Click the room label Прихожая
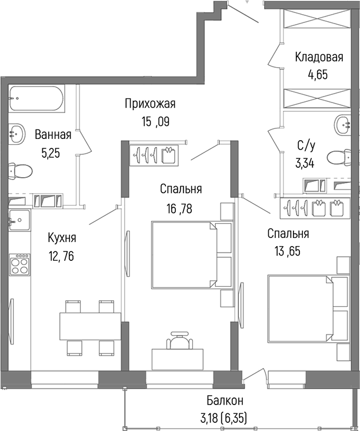click(x=150, y=104)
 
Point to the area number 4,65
click(x=318, y=75)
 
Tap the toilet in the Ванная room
click(x=20, y=171)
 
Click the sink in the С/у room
click(x=343, y=125)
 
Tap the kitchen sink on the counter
click(x=19, y=221)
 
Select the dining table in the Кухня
click(x=89, y=326)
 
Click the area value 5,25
click(x=51, y=153)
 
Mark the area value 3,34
click(x=305, y=163)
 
